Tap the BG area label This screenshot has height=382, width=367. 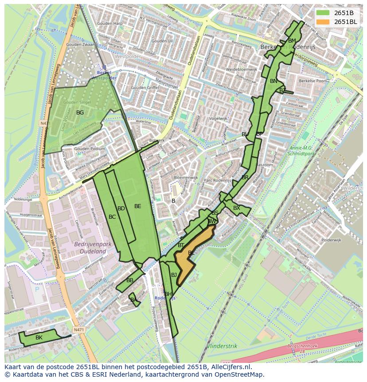coord(80,113)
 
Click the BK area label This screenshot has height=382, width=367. coord(39,338)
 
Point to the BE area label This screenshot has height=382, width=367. coord(137,206)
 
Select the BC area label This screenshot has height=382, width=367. coord(112,217)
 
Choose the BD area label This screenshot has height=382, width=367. coord(121,209)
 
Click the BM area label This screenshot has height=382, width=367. coord(292,41)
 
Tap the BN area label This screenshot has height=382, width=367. coord(273,81)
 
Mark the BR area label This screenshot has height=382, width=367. coord(245,177)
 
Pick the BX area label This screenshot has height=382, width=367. coord(237,208)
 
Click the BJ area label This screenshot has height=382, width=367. coord(174,275)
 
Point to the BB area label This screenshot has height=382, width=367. coord(130,280)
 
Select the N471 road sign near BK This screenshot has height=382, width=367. coord(78,330)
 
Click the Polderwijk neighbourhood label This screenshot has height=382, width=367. coord(331,240)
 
